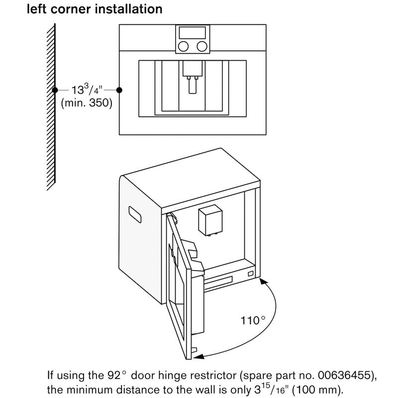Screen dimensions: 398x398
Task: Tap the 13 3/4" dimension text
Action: pos(85,91)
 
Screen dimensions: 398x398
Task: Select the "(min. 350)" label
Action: pos(86,103)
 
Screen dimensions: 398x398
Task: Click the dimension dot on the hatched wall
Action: pos(55,90)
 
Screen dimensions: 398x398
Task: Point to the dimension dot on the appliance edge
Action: pos(119,90)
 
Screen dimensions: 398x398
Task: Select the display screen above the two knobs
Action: pos(192,33)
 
